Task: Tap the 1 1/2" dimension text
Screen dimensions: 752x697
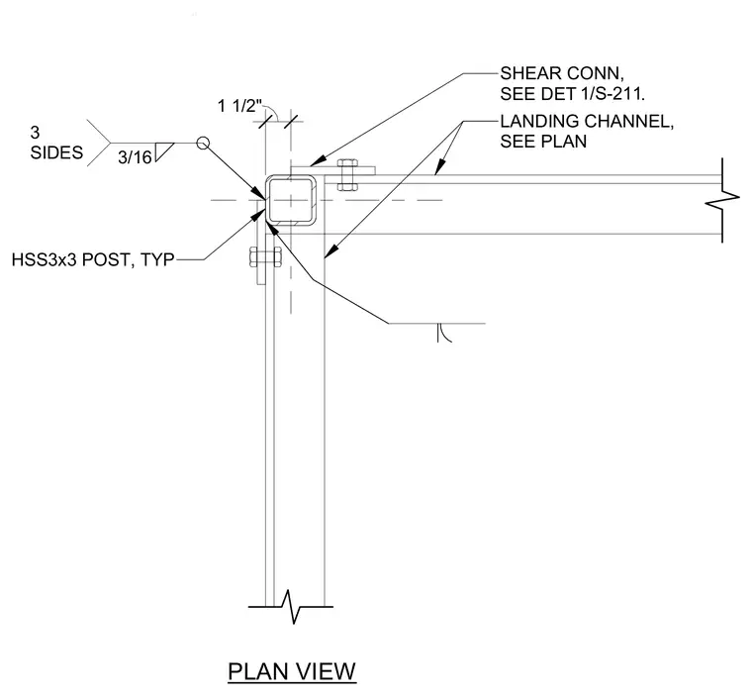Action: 239,106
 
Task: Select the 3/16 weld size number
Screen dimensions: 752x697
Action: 135,157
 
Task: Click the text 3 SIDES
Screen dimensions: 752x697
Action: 56,143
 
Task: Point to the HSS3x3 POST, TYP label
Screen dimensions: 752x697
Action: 93,259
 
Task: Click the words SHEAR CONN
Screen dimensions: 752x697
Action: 562,73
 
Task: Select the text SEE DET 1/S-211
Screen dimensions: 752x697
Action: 573,94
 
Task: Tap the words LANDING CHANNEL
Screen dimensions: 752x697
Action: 587,122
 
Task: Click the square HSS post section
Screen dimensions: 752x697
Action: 291,200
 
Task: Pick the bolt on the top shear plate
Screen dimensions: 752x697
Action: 347,174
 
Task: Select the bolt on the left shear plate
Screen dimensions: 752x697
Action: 265,257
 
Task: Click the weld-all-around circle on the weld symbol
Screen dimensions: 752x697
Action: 203,143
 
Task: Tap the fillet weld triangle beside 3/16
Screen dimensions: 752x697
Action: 164,151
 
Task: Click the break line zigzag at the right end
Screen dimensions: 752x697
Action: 722,200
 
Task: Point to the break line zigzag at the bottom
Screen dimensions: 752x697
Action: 291,607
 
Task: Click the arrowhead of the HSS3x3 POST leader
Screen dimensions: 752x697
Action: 259,214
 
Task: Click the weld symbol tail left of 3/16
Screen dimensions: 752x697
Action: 99,143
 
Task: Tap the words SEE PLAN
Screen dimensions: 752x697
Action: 543,142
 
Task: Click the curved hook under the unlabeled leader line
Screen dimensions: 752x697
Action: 443,333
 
